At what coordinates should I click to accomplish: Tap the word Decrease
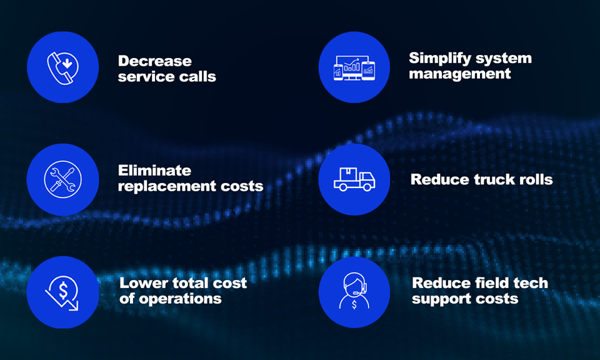point(154,61)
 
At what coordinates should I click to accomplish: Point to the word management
point(460,74)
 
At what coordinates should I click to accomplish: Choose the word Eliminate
point(154,171)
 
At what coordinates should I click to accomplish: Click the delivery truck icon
point(354,179)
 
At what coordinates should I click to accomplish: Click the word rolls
point(535,180)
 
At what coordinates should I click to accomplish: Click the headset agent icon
point(354,292)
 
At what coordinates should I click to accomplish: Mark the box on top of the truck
point(349,172)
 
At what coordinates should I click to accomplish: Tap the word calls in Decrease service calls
point(199,77)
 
